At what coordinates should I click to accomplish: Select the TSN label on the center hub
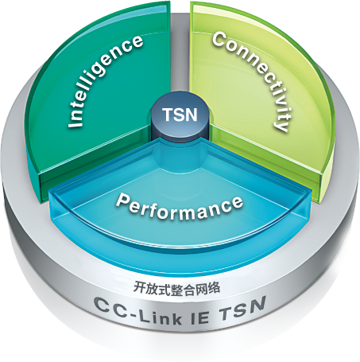[180, 115]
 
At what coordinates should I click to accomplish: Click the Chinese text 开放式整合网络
[176, 288]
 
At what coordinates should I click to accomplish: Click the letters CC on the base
[109, 307]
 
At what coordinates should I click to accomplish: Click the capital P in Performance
[122, 200]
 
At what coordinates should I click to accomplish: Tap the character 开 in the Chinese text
[139, 286]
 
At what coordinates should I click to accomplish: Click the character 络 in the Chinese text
[215, 288]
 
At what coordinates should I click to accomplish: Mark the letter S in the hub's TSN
[180, 115]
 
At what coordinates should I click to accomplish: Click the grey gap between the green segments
[179, 53]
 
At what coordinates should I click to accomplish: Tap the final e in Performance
[237, 203]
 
